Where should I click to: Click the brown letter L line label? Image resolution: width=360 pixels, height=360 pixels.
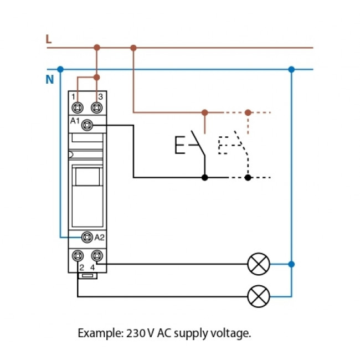(49, 39)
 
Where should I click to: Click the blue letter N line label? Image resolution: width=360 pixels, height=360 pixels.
(49, 80)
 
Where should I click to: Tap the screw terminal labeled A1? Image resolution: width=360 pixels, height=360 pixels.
(87, 126)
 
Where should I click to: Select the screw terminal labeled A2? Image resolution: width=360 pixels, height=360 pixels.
(87, 238)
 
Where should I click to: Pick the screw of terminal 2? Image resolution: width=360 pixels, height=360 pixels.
(78, 256)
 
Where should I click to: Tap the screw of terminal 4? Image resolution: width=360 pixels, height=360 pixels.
(97, 256)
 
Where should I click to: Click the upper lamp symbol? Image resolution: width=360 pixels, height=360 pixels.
(258, 264)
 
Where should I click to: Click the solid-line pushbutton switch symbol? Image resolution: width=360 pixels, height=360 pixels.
(191, 145)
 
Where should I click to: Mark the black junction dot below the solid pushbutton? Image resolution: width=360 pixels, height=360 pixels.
(205, 178)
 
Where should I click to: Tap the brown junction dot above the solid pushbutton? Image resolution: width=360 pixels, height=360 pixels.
(205, 112)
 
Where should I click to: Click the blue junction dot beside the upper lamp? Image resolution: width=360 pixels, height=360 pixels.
(291, 264)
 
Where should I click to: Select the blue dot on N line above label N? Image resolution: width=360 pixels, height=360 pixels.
(60, 69)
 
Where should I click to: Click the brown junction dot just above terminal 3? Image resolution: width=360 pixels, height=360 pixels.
(97, 78)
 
